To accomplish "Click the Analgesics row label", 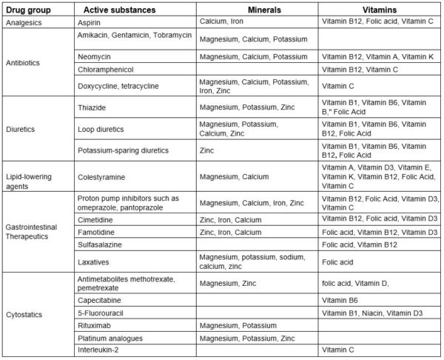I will tap(23, 23).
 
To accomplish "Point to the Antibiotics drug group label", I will tap(22, 62).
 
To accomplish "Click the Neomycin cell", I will tap(94, 56).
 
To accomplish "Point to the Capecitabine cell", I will tap(102, 301).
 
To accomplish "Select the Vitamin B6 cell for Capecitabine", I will tap(341, 301).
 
